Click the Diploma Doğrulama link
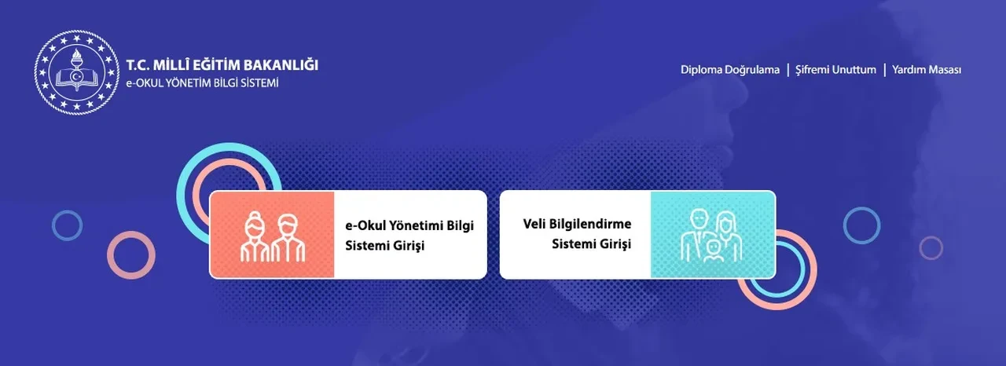click(730, 70)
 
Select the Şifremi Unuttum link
click(835, 70)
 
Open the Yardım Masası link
click(927, 70)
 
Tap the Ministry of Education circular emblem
click(75, 73)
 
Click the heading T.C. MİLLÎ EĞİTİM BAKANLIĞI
click(222, 65)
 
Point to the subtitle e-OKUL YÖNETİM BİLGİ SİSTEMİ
click(202, 83)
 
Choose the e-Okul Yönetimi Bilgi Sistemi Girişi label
click(409, 235)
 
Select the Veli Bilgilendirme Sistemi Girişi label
click(577, 234)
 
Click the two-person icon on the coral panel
click(271, 235)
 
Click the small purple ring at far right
click(931, 248)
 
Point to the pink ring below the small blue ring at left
click(130, 254)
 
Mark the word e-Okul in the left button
click(362, 225)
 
